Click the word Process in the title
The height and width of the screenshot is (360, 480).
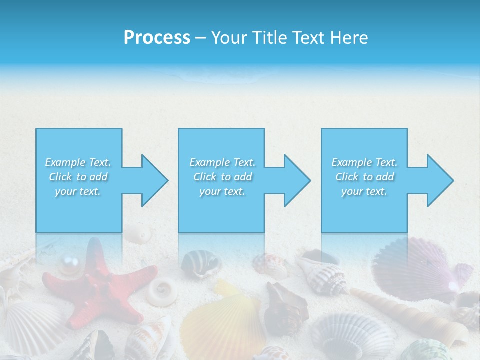point(157,38)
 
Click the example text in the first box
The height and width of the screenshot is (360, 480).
point(78,177)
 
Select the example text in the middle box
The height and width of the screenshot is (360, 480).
point(222,177)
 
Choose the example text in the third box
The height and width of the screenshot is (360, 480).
point(364,177)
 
